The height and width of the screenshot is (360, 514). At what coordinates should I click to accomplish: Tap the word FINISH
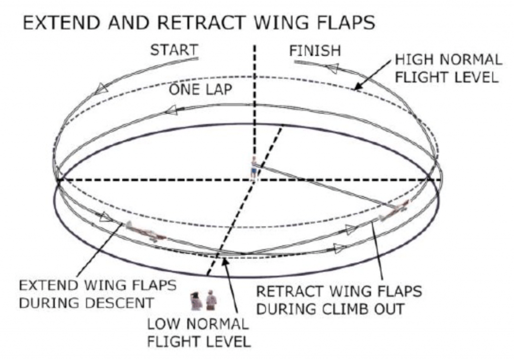coord(315,50)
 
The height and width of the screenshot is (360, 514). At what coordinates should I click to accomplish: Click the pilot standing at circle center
coord(254,168)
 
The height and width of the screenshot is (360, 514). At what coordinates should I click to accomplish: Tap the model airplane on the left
coord(145,232)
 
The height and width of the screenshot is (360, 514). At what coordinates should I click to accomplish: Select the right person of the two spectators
coord(211,300)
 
